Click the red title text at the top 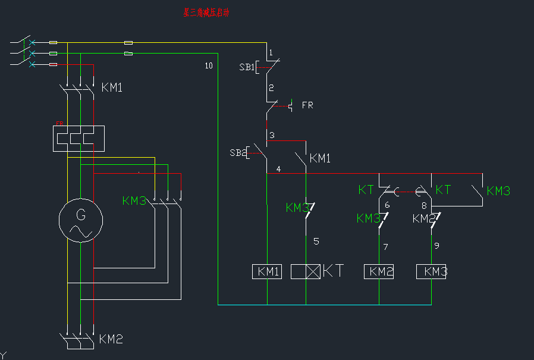tap(206, 12)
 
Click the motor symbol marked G tap(81, 221)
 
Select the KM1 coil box tap(267, 271)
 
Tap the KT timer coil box tap(306, 271)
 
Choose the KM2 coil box tap(379, 271)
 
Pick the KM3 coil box tap(432, 271)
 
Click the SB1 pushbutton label tap(246, 67)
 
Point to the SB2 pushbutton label tap(237, 153)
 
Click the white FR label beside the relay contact tap(307, 105)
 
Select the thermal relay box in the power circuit tap(78, 138)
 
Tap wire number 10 tap(208, 65)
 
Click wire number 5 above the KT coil tap(316, 241)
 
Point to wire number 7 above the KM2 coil tap(386, 246)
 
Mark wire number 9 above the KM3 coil tap(436, 245)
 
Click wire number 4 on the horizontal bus tap(278, 169)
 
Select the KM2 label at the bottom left tap(111, 339)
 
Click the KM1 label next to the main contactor tap(112, 87)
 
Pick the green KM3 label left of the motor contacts tap(134, 201)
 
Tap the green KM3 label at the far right tap(498, 191)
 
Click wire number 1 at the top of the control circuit tap(271, 53)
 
